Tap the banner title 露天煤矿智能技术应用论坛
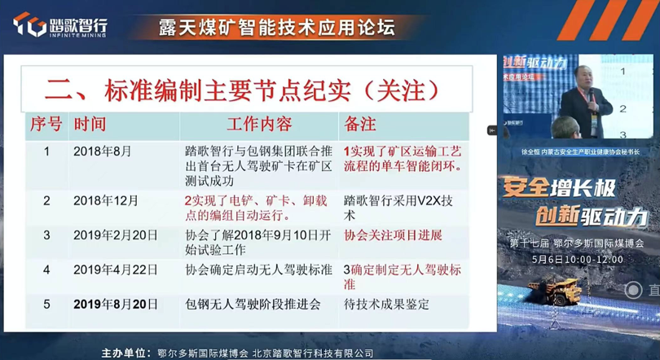pyautogui.click(x=276, y=26)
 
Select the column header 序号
pyautogui.click(x=46, y=124)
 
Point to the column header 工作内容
pyautogui.click(x=259, y=124)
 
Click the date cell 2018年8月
pyautogui.click(x=102, y=151)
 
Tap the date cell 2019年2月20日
pyautogui.click(x=113, y=235)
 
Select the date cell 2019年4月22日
pyautogui.click(x=113, y=270)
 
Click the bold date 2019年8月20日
pyautogui.click(x=115, y=304)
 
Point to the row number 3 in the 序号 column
pyautogui.click(x=47, y=235)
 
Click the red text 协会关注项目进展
pyautogui.click(x=393, y=235)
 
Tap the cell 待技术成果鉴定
pyautogui.click(x=386, y=304)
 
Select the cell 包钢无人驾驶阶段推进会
pyautogui.click(x=253, y=304)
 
